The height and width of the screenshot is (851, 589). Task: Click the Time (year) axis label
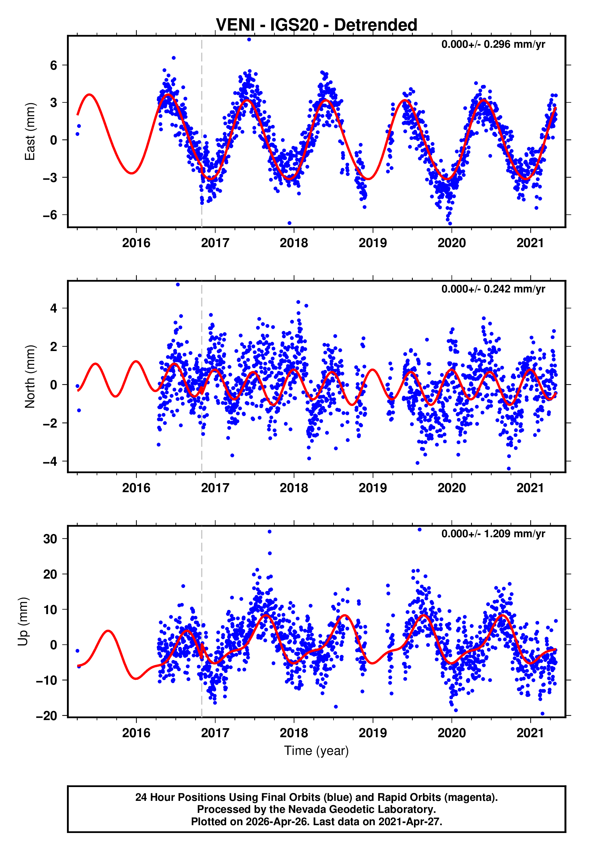316,751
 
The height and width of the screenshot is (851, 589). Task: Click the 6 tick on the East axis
54,65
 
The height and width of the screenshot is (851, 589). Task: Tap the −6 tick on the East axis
50,215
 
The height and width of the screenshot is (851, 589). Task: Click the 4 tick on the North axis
54,308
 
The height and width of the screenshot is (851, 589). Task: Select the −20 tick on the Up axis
47,716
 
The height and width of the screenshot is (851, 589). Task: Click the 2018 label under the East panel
294,243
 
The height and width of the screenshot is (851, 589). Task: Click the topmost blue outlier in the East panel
249,39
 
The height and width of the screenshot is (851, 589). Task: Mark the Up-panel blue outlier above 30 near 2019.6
419,530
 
